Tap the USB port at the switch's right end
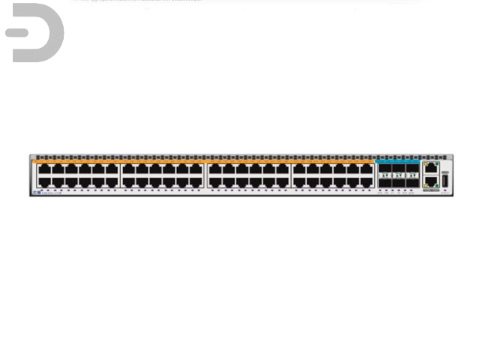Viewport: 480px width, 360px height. click(x=445, y=180)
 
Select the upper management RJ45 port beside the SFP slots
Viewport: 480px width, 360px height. click(x=430, y=169)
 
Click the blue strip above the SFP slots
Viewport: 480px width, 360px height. click(x=397, y=160)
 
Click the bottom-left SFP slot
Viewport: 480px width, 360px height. click(x=384, y=181)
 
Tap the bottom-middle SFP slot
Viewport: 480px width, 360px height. click(x=397, y=181)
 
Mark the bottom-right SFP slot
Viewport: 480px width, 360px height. click(x=412, y=181)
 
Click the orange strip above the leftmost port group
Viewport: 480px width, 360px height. click(x=75, y=161)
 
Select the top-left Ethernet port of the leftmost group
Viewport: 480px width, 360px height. click(x=44, y=169)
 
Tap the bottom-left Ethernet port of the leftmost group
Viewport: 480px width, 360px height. click(x=44, y=181)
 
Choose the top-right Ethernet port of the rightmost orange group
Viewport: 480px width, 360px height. click(x=367, y=169)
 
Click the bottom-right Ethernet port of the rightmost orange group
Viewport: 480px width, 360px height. click(x=367, y=181)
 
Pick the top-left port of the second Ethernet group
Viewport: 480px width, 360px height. click(x=129, y=169)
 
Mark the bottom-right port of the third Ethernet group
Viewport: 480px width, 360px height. click(x=282, y=181)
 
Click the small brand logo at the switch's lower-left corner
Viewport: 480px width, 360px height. click(x=37, y=193)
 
